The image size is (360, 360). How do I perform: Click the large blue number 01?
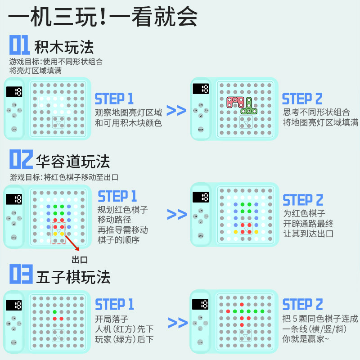point(19,45)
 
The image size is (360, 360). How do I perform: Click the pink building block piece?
point(235,102)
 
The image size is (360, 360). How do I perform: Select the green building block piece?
point(248,107)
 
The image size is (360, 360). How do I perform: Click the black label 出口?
point(79,260)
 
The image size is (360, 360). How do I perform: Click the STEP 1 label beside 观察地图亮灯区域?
point(114,99)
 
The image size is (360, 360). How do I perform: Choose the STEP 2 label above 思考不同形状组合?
point(302,99)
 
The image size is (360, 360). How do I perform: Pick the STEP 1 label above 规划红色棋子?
point(117,196)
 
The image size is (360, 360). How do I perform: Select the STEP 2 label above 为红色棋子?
point(303,200)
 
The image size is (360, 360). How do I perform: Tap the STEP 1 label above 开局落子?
point(114,304)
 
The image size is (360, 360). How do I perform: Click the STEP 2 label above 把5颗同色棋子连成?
point(303,304)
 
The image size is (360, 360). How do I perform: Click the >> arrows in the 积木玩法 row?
point(176,110)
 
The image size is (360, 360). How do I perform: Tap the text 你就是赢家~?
point(306,338)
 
